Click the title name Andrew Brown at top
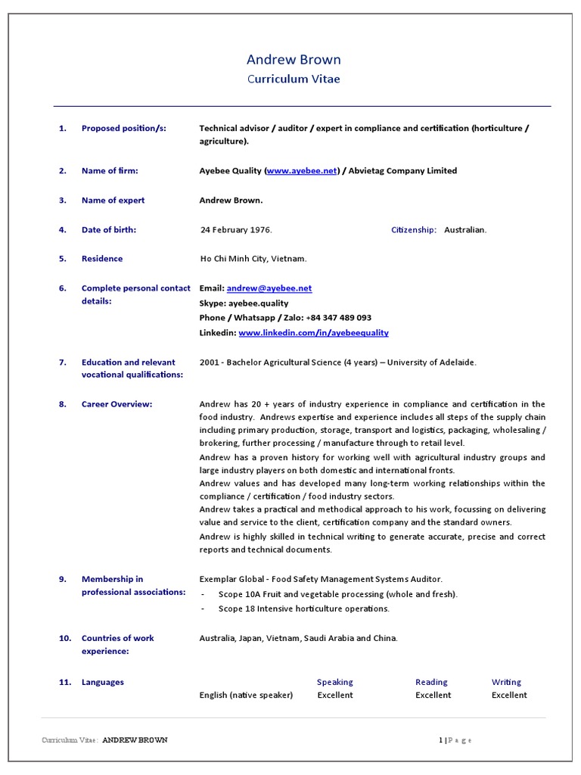[294, 60]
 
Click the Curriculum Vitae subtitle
[294, 79]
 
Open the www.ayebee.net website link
[302, 171]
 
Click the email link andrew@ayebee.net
[269, 288]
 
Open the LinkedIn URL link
[313, 333]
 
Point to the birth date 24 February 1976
[235, 230]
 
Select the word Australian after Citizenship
[465, 230]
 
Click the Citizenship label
[413, 230]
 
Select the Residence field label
[102, 259]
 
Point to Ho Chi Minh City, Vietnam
[253, 259]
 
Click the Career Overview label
[117, 404]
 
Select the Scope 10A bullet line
[337, 594]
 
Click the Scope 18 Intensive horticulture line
[303, 608]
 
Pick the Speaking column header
[334, 682]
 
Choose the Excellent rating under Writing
[509, 695]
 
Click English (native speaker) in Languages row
[246, 695]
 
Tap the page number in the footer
[440, 740]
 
